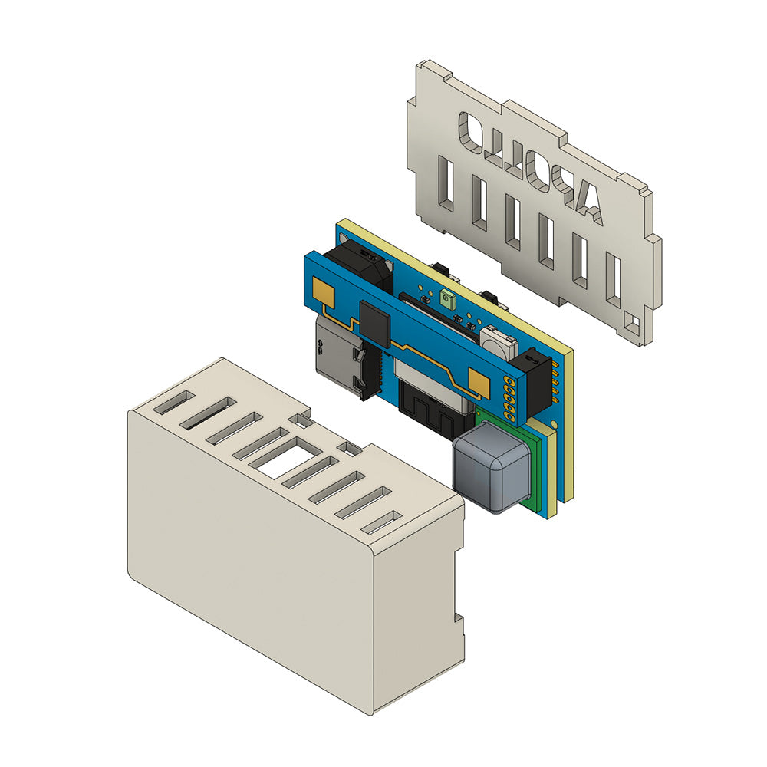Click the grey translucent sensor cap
[x=491, y=466]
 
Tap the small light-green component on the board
[x=448, y=299]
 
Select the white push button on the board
[x=498, y=341]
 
